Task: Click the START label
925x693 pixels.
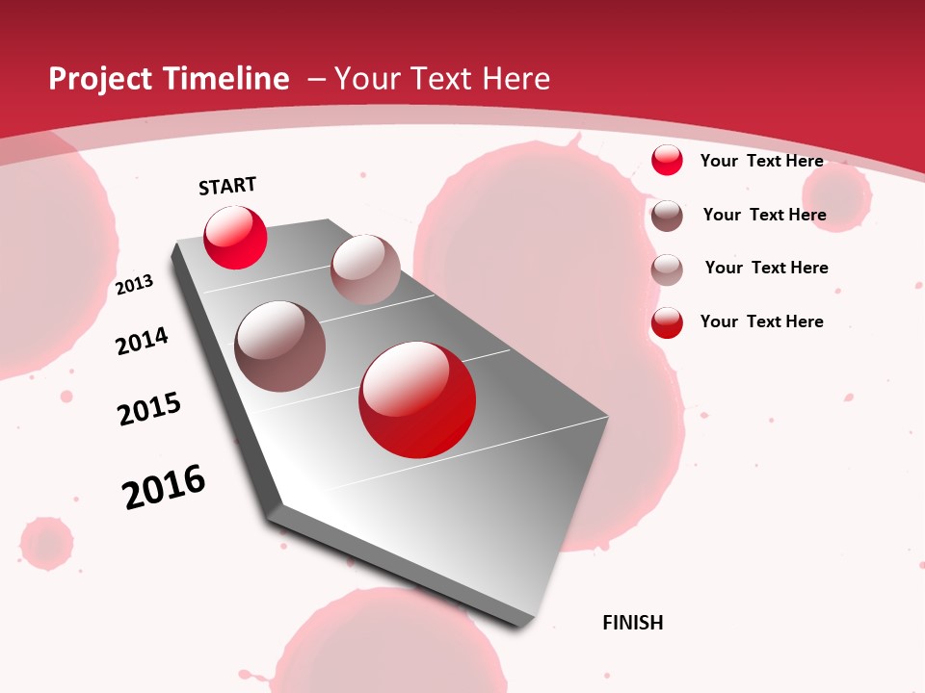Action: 227,186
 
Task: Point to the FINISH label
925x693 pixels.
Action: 632,623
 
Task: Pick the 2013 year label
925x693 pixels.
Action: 134,285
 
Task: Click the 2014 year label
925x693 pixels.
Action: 142,341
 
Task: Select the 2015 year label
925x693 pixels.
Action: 148,409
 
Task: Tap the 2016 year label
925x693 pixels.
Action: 164,487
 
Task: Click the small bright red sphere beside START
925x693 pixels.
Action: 235,237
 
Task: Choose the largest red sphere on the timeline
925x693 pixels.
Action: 417,399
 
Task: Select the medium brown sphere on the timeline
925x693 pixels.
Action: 280,346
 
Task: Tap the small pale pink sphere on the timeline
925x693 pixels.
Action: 365,269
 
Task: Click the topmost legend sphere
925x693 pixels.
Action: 667,160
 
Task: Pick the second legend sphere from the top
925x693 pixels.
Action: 667,216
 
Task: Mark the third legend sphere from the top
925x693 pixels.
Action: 667,269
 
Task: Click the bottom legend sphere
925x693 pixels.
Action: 667,322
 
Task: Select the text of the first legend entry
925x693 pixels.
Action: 761,161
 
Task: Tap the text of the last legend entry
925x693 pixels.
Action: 761,321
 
